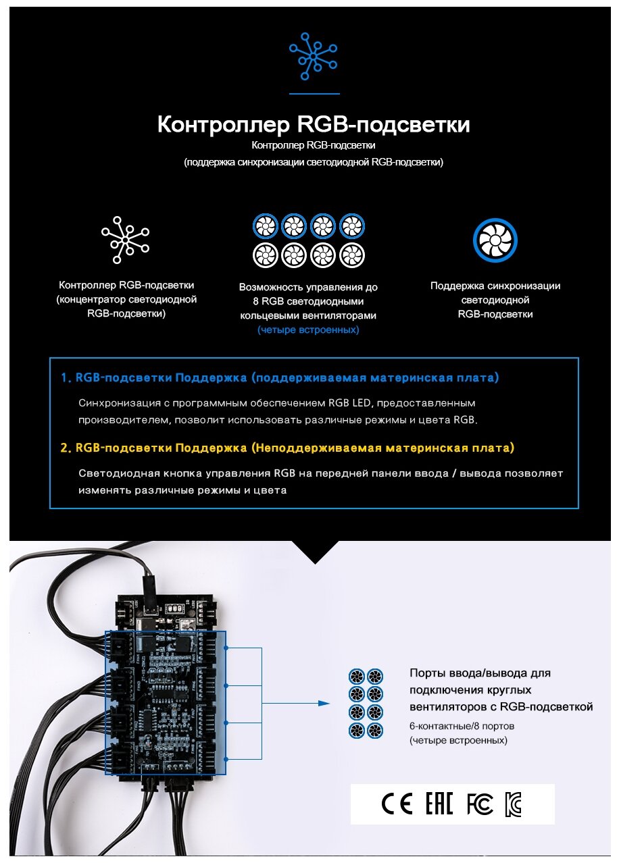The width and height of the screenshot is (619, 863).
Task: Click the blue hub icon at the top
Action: click(x=313, y=57)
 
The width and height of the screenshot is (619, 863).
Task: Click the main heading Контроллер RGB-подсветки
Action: click(x=314, y=125)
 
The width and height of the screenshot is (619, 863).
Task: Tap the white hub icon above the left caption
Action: click(x=126, y=240)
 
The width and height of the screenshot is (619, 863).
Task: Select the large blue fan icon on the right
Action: click(x=495, y=240)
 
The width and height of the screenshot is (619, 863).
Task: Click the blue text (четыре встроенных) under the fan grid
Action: click(x=308, y=330)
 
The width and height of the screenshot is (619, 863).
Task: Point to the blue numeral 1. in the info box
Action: click(x=66, y=377)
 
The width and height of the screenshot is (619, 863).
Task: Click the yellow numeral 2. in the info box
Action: click(x=66, y=448)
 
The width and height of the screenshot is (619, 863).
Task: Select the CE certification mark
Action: click(x=397, y=804)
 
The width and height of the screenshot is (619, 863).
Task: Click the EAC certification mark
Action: click(x=439, y=804)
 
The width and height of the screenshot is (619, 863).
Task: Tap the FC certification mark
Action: click(x=480, y=804)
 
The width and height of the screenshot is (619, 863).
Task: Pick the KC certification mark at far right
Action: click(x=514, y=804)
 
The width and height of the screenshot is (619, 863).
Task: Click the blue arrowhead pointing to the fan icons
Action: click(x=324, y=704)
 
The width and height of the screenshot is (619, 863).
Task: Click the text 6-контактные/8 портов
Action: click(x=462, y=727)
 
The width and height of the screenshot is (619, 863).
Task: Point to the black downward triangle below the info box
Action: click(x=314, y=551)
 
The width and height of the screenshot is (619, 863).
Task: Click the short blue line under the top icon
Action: click(x=314, y=94)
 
